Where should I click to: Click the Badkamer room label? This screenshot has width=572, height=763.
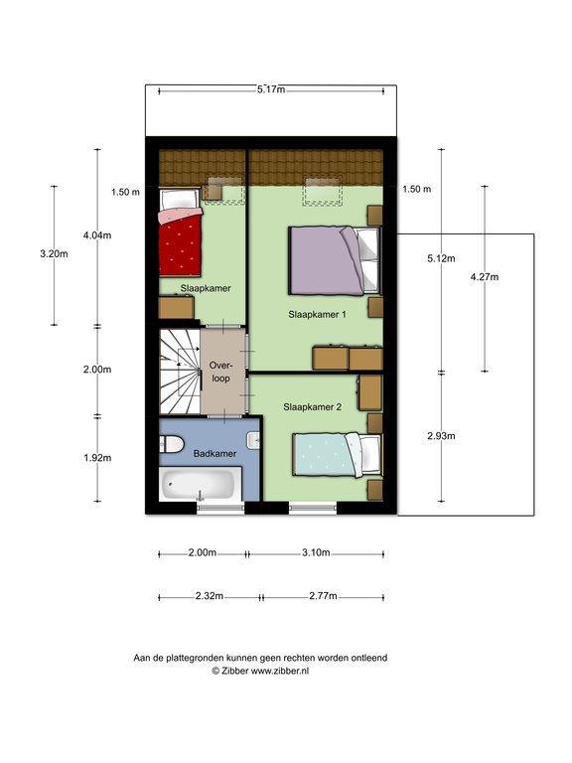214,453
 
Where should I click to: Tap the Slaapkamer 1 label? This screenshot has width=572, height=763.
317,314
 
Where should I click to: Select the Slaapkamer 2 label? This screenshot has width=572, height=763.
312,406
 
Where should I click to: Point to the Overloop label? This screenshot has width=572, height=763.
220,372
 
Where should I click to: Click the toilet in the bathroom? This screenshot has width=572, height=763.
171,444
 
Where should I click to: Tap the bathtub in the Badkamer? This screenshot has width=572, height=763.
201,484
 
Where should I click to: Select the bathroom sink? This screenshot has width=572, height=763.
253,440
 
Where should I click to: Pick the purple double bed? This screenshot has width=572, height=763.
334,260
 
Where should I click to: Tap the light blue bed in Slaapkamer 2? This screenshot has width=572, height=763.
337,454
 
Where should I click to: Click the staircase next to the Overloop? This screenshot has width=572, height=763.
180,372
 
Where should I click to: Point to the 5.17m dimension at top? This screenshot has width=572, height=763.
271,89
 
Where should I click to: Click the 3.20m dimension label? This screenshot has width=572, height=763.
54,253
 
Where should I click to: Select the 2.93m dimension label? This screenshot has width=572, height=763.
441,436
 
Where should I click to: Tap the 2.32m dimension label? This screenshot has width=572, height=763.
210,596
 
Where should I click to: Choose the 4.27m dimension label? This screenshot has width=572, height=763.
485,277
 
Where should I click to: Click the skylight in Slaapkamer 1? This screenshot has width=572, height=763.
323,191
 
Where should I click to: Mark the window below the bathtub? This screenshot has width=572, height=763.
220,508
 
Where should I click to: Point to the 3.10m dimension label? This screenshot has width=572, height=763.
316,552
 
